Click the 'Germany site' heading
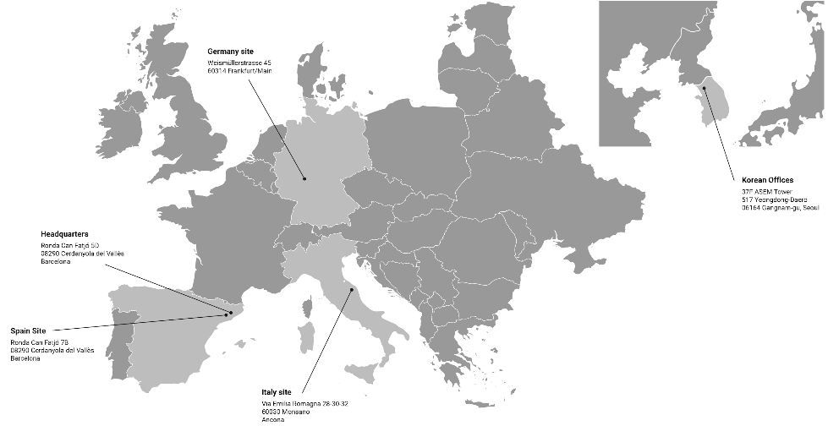point(230,52)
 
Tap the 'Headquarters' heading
point(65,233)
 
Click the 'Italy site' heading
point(277,393)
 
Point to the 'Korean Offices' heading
point(767,180)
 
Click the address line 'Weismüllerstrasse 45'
point(241,63)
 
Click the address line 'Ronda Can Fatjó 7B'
point(40,342)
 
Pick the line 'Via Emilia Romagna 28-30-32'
point(304,405)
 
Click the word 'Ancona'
point(273,420)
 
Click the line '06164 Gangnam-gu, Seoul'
point(780,207)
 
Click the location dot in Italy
point(351,290)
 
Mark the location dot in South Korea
point(704,88)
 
